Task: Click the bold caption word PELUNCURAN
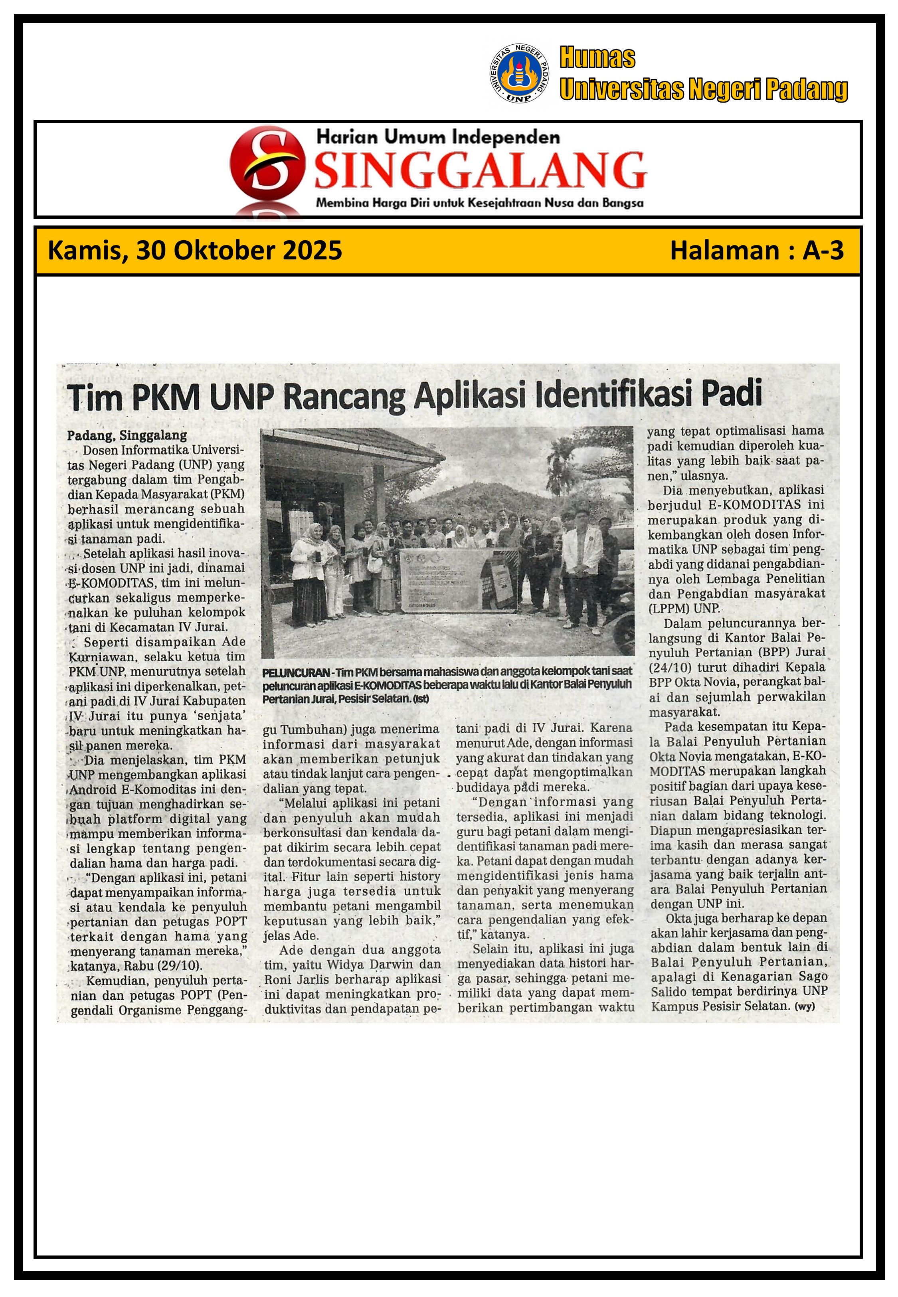[x=295, y=672]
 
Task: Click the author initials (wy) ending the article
[x=805, y=1006]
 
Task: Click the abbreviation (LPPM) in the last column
[x=667, y=609]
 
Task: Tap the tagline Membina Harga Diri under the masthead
[x=479, y=203]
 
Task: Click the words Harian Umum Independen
[x=438, y=136]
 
